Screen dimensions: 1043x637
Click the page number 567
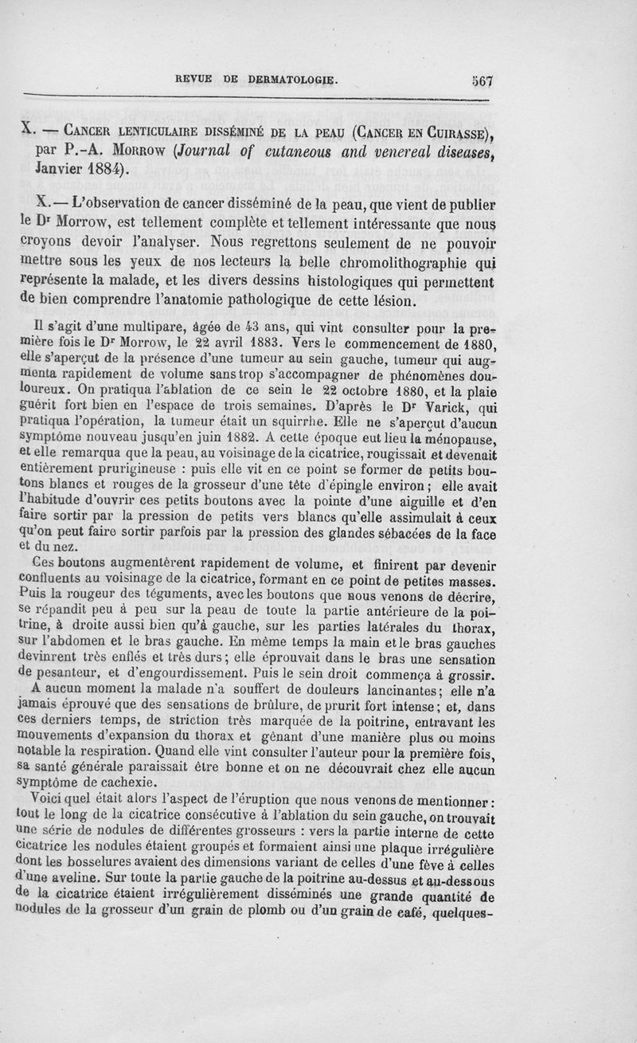(483, 80)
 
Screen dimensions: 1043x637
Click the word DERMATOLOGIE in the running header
(292, 80)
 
